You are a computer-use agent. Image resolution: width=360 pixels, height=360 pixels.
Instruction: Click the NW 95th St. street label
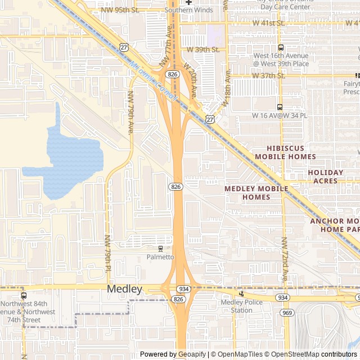120,10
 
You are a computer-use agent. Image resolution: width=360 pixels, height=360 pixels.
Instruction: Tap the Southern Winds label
188,10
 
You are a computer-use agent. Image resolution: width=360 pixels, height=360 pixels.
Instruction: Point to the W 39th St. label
202,49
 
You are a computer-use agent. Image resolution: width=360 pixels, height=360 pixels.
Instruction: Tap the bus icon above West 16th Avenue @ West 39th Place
281,48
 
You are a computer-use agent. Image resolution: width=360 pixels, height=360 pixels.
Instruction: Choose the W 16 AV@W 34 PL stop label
280,115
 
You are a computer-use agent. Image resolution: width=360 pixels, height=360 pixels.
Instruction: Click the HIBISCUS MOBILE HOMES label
285,152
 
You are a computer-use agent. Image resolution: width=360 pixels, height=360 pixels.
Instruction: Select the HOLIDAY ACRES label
326,177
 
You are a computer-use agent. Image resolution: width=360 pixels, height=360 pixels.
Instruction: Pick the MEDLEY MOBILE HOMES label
256,193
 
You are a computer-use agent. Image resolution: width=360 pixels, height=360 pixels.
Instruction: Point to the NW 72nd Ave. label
285,259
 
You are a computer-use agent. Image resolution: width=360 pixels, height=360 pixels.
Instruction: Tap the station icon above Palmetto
161,248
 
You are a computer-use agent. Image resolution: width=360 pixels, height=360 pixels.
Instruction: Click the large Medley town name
124,289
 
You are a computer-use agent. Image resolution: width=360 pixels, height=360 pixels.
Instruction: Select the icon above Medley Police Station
241,293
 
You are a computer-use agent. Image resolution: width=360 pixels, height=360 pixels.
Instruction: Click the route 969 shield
287,312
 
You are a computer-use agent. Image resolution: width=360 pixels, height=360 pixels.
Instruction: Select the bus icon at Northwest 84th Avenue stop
23,295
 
